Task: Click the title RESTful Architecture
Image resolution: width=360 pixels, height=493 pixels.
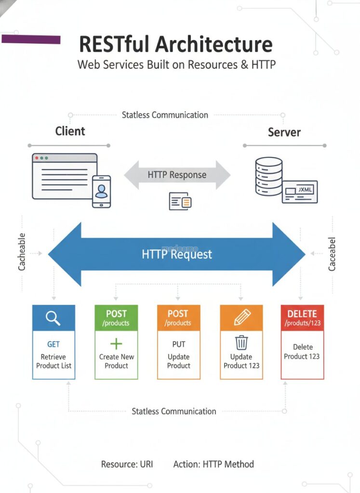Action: (x=175, y=44)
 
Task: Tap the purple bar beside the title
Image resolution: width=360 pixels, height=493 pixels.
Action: (x=31, y=39)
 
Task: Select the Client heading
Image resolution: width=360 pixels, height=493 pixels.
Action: (x=70, y=131)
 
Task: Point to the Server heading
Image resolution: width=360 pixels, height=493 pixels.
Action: (x=284, y=132)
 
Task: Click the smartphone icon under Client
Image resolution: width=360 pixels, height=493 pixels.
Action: (x=101, y=192)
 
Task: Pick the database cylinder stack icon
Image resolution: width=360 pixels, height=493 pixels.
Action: (x=269, y=176)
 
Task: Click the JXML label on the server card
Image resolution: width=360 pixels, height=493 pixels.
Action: (x=305, y=190)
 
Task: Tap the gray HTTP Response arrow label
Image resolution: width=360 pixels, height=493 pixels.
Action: (x=177, y=174)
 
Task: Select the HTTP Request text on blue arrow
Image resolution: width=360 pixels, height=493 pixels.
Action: (x=177, y=254)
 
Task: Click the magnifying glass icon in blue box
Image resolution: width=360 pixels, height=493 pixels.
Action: (x=53, y=318)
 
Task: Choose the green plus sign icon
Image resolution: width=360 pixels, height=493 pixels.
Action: (x=116, y=344)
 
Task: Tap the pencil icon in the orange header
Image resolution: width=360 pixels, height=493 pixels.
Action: (x=242, y=317)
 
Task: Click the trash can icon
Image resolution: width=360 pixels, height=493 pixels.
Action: (x=241, y=342)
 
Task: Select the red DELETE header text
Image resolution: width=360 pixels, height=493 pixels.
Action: (x=302, y=314)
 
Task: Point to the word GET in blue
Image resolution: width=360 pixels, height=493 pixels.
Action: (x=53, y=344)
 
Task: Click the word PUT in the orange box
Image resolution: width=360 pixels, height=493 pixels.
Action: (x=179, y=344)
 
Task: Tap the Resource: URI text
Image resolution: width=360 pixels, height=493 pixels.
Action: (x=127, y=464)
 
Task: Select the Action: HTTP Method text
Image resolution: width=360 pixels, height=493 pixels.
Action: (x=213, y=464)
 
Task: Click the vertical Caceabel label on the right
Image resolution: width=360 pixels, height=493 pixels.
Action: (x=332, y=254)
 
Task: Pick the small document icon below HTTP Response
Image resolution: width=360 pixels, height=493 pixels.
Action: (x=180, y=201)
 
